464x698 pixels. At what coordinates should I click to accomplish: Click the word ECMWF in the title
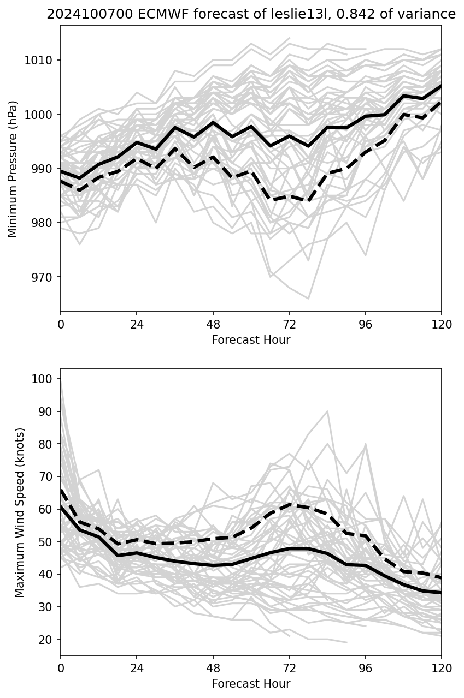138,14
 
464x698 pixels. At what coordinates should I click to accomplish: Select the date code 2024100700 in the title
78,14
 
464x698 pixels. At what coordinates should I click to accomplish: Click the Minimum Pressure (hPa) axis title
13,169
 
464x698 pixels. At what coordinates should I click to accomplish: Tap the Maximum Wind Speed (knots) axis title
20,512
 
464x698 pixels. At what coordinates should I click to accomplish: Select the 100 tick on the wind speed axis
46,379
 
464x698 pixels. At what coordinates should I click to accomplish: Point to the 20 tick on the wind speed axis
48,639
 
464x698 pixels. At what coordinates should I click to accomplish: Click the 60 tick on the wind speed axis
48,509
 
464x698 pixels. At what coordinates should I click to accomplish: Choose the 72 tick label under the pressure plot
289,324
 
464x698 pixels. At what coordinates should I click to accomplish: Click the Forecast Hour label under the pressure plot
251,340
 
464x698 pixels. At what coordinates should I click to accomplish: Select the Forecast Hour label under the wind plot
251,684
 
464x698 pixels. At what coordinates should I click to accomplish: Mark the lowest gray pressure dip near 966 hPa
308,299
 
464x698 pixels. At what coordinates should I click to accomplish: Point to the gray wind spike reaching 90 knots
327,411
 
